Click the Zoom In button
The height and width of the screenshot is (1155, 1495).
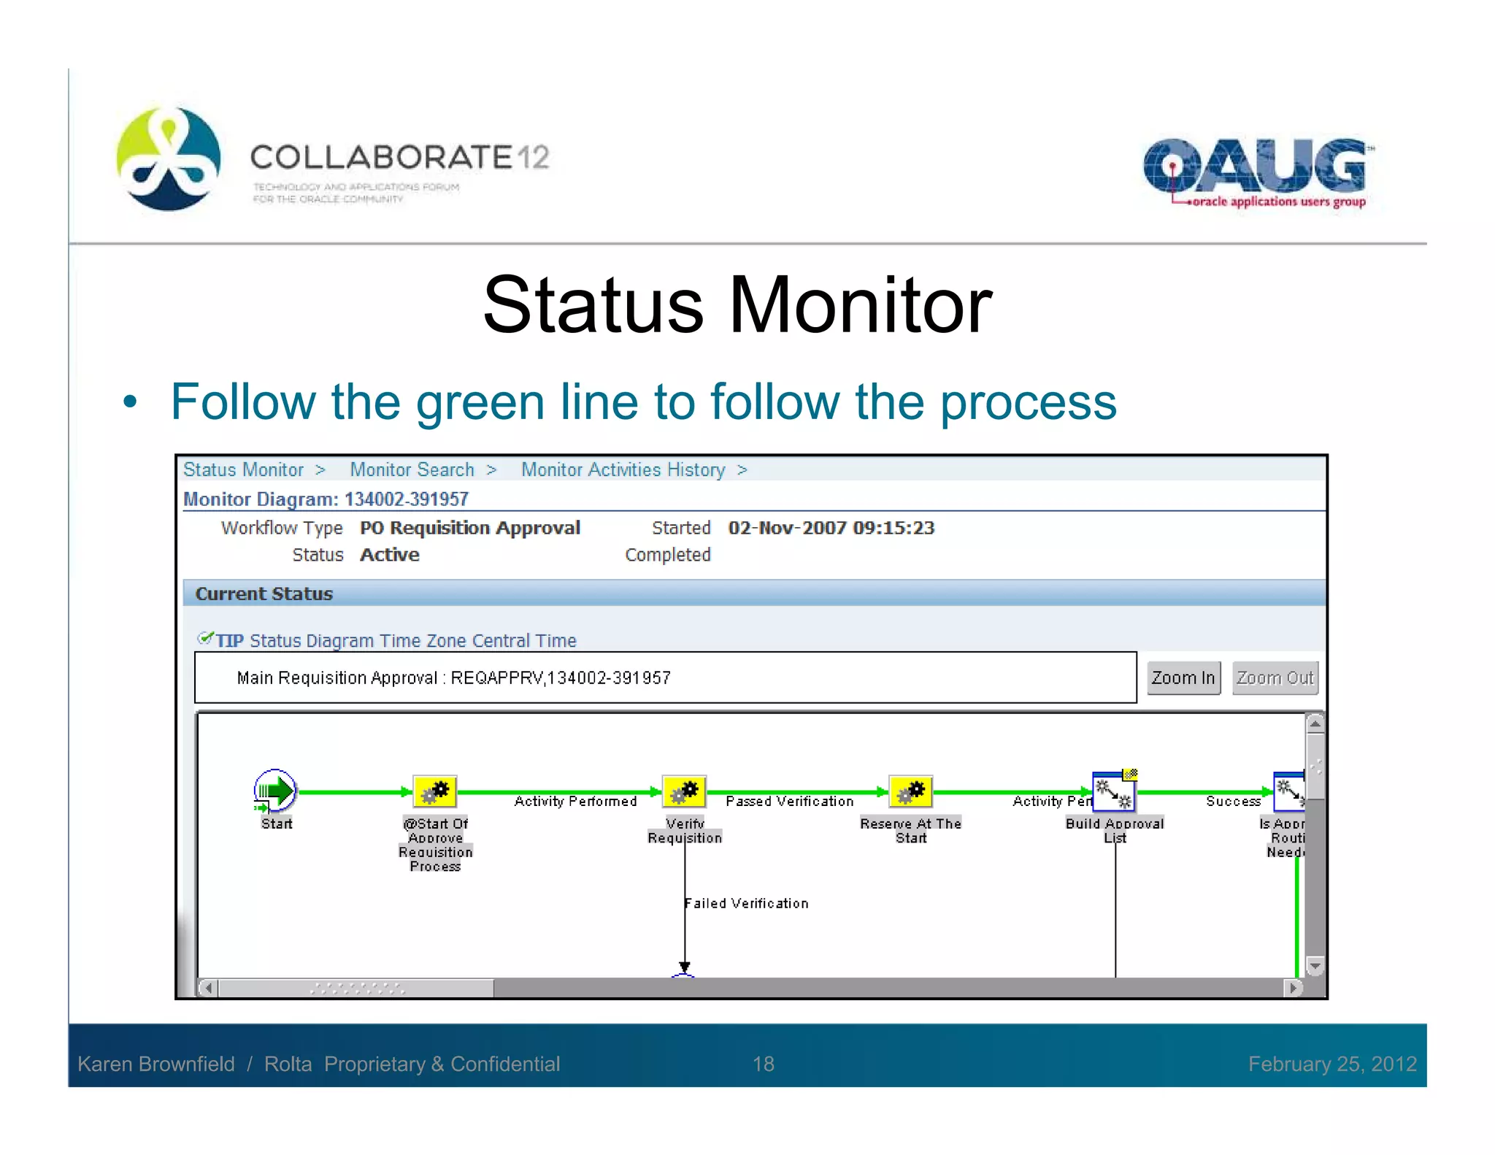(x=1183, y=678)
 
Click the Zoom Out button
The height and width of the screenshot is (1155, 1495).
(x=1275, y=678)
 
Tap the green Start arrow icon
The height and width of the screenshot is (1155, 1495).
(x=275, y=791)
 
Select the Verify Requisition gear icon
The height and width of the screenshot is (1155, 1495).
(x=684, y=791)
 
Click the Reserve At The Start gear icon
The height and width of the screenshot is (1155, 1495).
(x=910, y=791)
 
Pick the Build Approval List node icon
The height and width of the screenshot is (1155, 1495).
(x=1114, y=791)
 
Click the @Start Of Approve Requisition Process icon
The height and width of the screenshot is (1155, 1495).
(x=435, y=791)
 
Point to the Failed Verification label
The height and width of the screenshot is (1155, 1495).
(x=747, y=903)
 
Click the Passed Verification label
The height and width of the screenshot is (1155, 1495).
(x=789, y=802)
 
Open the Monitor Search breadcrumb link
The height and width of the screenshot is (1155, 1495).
(x=412, y=469)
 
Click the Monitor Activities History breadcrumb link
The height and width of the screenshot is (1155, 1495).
(x=623, y=469)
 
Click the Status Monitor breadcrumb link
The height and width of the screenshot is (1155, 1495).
(x=243, y=469)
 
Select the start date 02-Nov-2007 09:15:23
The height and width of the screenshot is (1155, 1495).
(x=831, y=528)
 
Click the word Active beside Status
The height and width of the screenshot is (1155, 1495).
(x=389, y=555)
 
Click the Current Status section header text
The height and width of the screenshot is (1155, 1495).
(x=264, y=594)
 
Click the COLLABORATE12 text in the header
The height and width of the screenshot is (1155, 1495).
(x=399, y=157)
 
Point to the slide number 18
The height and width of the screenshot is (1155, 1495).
(x=763, y=1064)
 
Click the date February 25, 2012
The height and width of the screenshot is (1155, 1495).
(x=1331, y=1064)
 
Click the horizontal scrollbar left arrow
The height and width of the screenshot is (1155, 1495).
(x=209, y=988)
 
